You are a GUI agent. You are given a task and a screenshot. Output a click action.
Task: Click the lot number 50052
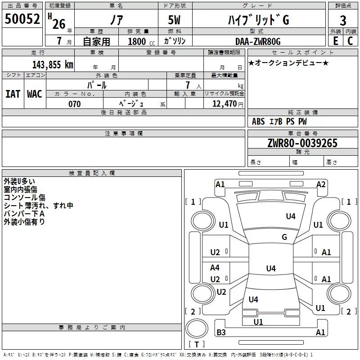[x=22, y=19]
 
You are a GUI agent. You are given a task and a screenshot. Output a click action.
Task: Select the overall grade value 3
[x=343, y=21]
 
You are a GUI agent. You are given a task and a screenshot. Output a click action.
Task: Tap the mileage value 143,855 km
[x=53, y=65]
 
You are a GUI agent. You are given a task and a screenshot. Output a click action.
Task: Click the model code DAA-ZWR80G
[x=258, y=41]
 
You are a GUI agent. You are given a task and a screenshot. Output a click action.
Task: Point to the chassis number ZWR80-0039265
[x=302, y=143]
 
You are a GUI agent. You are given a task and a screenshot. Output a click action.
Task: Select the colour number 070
[x=74, y=104]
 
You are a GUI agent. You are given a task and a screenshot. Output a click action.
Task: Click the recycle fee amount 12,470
[x=224, y=104]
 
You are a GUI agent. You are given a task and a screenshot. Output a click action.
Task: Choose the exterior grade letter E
[x=335, y=41]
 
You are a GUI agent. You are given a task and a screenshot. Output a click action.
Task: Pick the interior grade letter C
[x=350, y=41]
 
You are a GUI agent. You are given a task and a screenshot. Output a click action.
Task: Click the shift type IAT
[x=13, y=94]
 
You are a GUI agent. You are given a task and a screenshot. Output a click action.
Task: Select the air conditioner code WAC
[x=35, y=94]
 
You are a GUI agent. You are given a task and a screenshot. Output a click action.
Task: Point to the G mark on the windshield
[x=284, y=237]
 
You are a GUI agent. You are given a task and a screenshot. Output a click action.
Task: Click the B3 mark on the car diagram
[x=221, y=332]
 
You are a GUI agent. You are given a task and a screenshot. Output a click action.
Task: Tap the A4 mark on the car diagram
[x=215, y=267]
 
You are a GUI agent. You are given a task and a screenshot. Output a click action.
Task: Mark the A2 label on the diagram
[x=321, y=184]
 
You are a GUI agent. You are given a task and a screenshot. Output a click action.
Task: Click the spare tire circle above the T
[x=197, y=328]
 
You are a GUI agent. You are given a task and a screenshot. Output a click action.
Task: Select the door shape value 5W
[x=174, y=20]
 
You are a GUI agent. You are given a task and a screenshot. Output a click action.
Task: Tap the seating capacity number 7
[x=188, y=85]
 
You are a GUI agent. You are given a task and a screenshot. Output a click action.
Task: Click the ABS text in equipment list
[x=258, y=121]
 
